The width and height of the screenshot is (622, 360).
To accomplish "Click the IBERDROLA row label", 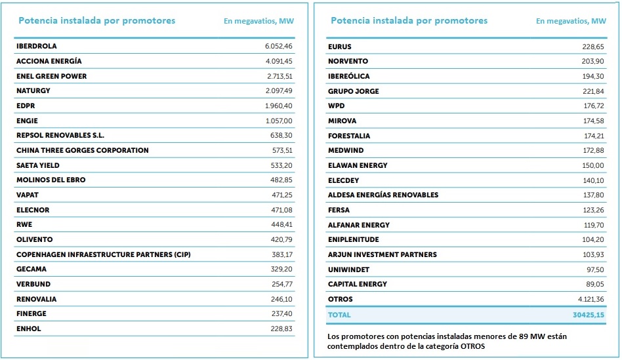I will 37,47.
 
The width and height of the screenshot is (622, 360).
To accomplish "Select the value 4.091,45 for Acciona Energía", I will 279,61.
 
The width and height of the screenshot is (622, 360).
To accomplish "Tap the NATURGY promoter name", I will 33,90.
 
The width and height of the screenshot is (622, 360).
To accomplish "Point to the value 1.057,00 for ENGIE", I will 279,121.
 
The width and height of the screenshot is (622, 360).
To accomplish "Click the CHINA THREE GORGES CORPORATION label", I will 83,150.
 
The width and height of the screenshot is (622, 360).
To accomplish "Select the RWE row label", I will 24,224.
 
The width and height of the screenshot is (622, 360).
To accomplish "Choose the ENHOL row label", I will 29,329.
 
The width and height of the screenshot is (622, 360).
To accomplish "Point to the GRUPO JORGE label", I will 354,91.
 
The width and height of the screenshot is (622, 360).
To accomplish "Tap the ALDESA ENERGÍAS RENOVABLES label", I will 383,195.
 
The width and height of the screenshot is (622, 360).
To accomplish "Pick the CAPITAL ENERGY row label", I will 358,284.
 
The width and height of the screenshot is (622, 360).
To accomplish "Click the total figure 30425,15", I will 588,315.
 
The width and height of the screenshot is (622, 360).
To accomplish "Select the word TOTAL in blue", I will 339,315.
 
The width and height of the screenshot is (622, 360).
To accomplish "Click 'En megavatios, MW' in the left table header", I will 259,21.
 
